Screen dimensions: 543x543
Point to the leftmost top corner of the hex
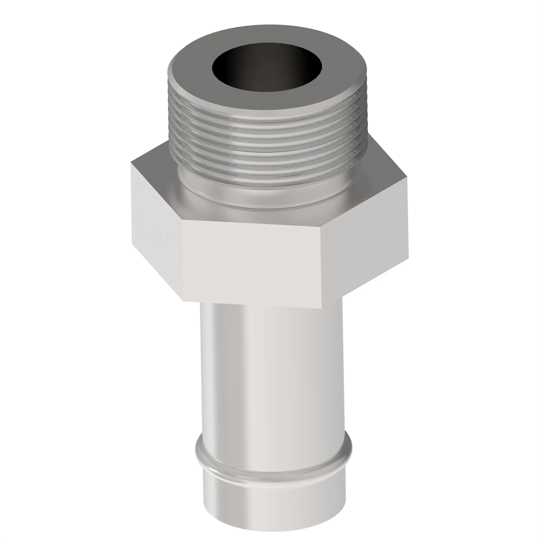(x=132, y=164)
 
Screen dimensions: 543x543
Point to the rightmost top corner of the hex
(x=408, y=176)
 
